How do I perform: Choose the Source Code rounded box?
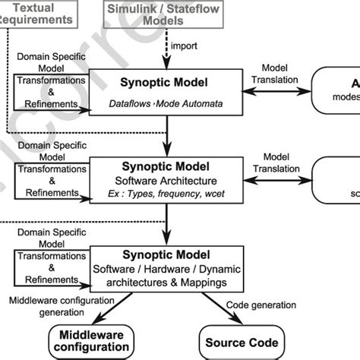point(243,342)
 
